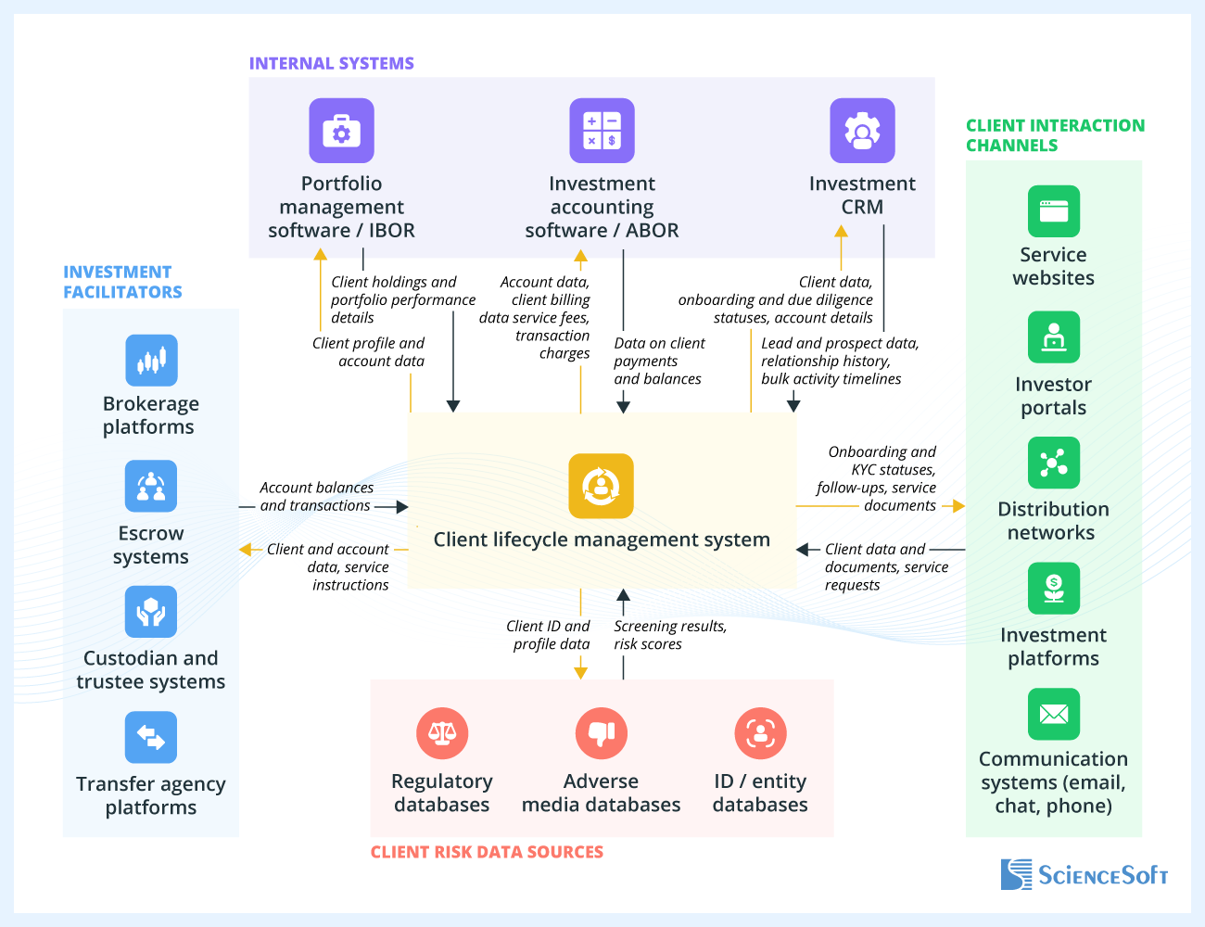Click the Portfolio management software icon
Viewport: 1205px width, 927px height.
(x=341, y=131)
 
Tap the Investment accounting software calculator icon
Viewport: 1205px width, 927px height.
(x=602, y=131)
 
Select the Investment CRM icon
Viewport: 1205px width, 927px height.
(x=862, y=131)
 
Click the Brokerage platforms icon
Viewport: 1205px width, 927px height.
(x=151, y=360)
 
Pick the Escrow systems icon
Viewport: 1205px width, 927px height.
(x=151, y=486)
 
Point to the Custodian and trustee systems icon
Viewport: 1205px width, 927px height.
(x=151, y=612)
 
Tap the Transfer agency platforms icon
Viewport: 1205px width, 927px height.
(x=151, y=737)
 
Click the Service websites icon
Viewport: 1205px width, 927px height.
(x=1054, y=211)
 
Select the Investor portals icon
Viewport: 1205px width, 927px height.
(x=1054, y=337)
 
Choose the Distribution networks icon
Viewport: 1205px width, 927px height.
(x=1054, y=463)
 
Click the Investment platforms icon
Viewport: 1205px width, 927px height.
(x=1054, y=588)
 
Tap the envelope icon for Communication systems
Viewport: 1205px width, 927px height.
(x=1054, y=714)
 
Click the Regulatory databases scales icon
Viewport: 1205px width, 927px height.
(x=442, y=733)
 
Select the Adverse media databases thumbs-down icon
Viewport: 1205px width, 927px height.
(x=602, y=733)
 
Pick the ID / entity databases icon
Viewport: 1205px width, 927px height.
(x=760, y=733)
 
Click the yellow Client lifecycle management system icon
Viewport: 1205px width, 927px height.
(x=601, y=486)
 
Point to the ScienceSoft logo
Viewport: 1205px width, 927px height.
(x=1084, y=874)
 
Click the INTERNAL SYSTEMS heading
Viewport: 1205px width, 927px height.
(x=331, y=63)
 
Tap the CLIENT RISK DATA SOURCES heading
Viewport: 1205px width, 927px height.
(x=487, y=852)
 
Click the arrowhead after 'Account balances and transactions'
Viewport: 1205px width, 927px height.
(x=402, y=506)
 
